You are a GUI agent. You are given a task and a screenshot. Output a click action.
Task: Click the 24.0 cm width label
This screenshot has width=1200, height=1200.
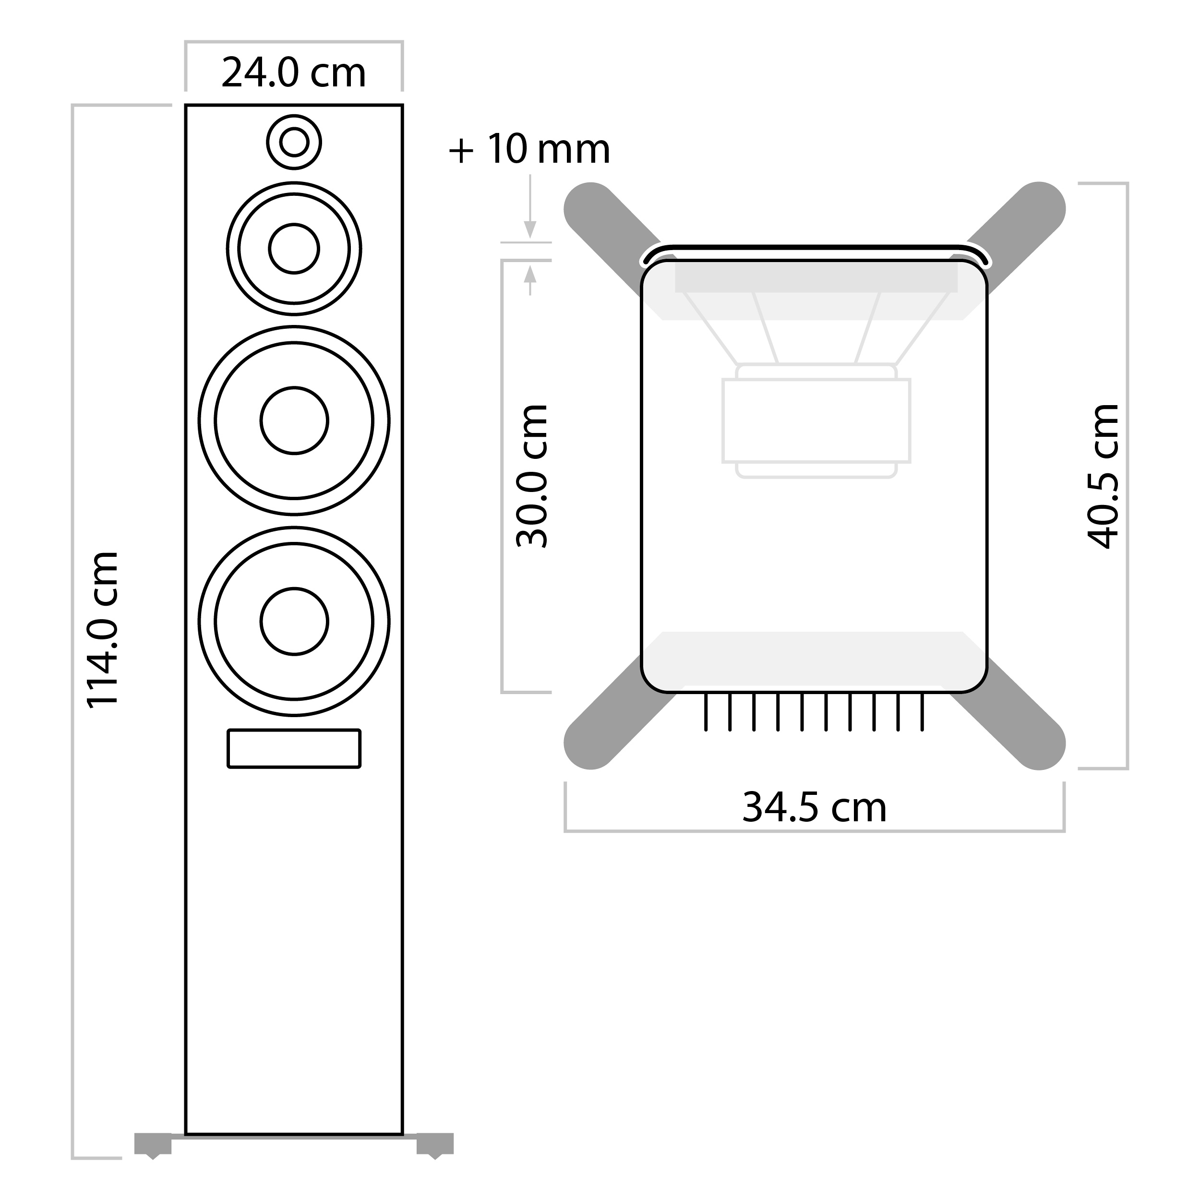pos(293,73)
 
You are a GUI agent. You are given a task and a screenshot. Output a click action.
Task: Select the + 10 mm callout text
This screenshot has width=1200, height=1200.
pos(529,149)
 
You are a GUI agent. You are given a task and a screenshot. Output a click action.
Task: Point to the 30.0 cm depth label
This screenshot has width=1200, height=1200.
pos(532,476)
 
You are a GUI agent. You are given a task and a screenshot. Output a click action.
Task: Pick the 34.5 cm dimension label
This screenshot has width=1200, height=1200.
pos(814,807)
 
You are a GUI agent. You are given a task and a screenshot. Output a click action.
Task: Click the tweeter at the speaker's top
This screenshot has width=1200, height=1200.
pos(294,142)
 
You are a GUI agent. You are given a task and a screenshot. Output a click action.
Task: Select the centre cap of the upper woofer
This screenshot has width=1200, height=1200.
pos(294,420)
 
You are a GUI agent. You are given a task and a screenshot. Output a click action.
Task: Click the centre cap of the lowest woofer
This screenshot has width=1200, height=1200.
pos(294,621)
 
